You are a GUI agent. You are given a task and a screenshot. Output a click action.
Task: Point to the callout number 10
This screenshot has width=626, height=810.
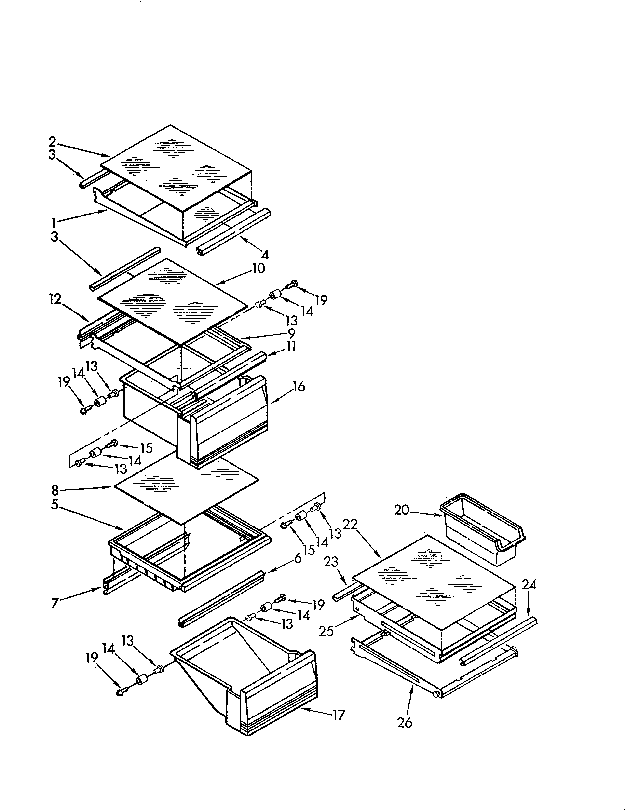(x=259, y=269)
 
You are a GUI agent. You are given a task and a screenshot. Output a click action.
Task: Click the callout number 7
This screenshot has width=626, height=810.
(x=55, y=603)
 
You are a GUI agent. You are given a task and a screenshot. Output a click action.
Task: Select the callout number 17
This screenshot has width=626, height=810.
(x=339, y=715)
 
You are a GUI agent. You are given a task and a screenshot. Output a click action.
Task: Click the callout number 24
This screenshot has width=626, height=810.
(x=529, y=585)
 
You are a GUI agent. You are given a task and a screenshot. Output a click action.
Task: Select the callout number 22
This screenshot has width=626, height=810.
(x=350, y=525)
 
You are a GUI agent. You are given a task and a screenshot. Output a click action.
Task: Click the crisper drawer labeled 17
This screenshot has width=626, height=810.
(x=245, y=679)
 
